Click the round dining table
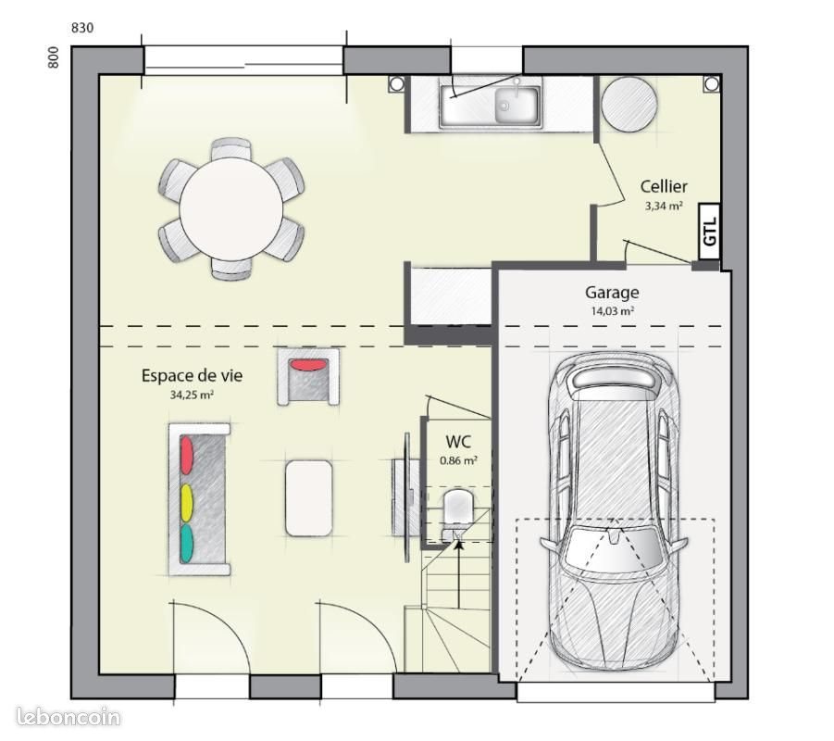point(231,209)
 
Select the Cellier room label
point(664,186)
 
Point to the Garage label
point(611,293)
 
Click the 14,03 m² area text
point(611,312)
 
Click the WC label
point(458,440)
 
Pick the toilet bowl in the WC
point(457,508)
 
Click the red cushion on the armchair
point(308,365)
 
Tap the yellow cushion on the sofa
point(186,500)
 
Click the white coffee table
point(309,498)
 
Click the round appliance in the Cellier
point(629,104)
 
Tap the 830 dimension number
point(82,27)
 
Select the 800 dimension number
point(53,57)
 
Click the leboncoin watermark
point(68,716)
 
